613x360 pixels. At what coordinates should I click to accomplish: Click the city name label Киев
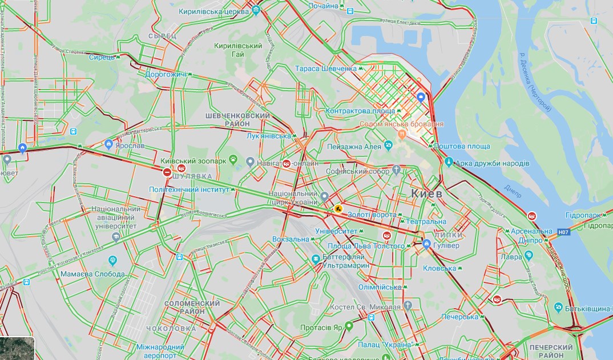426,194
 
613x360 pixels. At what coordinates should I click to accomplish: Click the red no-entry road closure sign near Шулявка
167,172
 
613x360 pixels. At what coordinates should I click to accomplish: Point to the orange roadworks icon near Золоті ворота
338,209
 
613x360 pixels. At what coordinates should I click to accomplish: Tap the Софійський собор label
357,171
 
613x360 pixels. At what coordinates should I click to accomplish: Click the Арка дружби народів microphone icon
449,163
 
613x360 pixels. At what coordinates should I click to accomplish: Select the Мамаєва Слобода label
92,274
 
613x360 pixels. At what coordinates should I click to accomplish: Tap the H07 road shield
563,232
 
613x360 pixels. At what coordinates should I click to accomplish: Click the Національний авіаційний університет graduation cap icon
116,236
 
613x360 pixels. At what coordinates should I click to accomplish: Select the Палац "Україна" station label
385,345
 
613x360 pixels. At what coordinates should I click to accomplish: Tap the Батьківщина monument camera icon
558,308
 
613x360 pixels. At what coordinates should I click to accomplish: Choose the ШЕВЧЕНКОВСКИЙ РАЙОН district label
237,120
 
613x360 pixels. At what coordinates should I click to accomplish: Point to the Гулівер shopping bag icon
427,245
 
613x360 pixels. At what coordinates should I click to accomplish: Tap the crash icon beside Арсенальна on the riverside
532,216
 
